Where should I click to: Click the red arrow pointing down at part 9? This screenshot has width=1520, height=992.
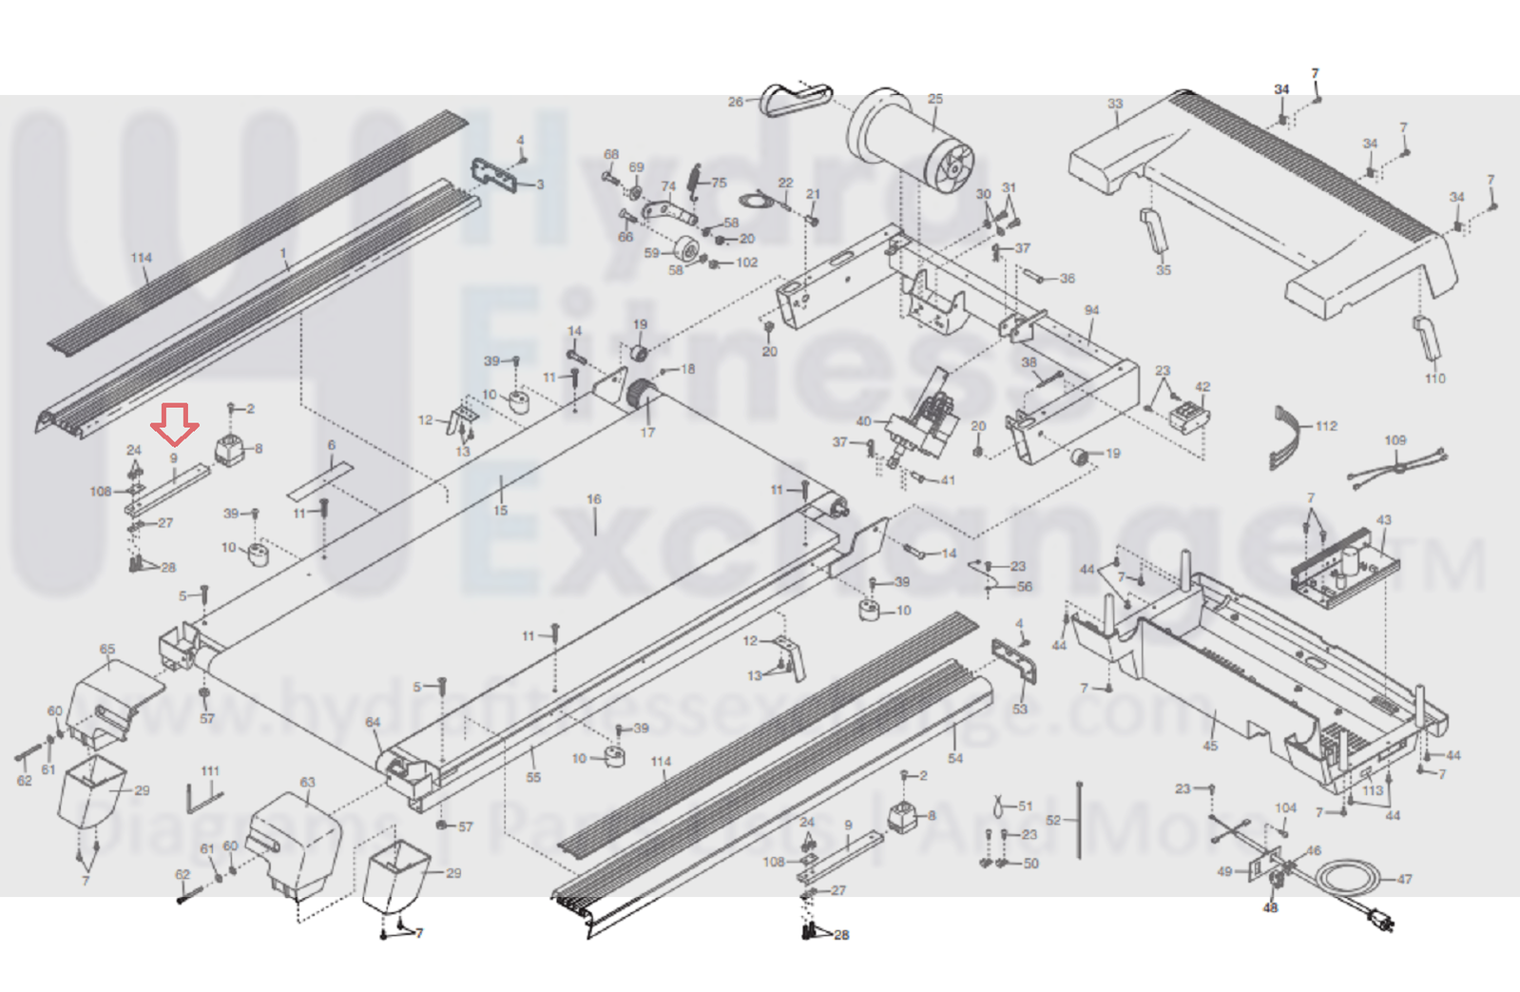click(177, 424)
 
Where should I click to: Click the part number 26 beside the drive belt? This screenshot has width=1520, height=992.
click(735, 102)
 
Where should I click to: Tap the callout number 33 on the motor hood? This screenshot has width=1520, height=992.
click(1115, 104)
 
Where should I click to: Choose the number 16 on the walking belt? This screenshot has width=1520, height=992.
click(594, 499)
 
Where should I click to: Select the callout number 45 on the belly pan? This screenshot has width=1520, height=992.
click(1209, 746)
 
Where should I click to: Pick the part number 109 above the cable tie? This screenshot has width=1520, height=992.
click(1395, 440)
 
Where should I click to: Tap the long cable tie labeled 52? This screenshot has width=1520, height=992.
click(1081, 820)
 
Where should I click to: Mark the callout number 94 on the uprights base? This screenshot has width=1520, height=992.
click(1091, 311)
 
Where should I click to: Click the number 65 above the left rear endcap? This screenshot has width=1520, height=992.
click(107, 650)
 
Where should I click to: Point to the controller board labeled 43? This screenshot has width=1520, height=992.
click(1342, 569)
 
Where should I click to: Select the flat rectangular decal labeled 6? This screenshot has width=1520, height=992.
click(319, 479)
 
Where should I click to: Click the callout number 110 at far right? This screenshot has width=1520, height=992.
click(1434, 379)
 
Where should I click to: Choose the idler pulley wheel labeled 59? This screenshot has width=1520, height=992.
click(682, 253)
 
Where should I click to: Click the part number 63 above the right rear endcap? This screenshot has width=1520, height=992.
click(307, 783)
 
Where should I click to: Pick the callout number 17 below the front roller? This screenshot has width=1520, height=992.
click(647, 433)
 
